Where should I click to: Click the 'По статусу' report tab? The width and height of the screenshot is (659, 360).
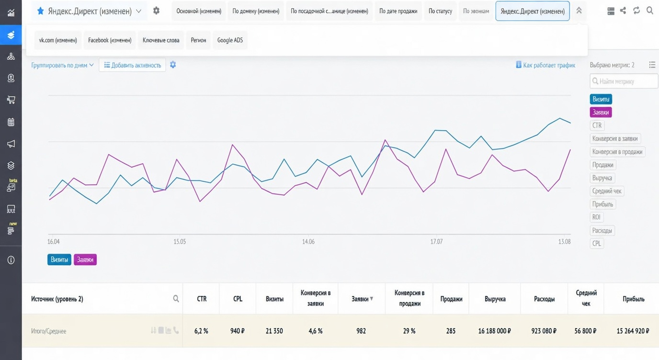pyautogui.click(x=440, y=11)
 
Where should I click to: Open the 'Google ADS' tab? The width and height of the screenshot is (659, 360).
pyautogui.click(x=230, y=40)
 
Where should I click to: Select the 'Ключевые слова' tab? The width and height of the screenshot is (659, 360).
pyautogui.click(x=161, y=40)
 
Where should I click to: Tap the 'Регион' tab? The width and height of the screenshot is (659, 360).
pyautogui.click(x=198, y=40)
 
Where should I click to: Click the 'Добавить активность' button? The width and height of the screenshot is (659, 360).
pyautogui.click(x=132, y=65)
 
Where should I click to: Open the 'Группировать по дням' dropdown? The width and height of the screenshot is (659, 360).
pyautogui.click(x=62, y=65)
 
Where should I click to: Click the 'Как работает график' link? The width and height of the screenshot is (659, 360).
pyautogui.click(x=545, y=65)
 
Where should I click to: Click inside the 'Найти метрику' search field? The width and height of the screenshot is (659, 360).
pyautogui.click(x=624, y=81)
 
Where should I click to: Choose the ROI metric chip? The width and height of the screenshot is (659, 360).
pyautogui.click(x=596, y=217)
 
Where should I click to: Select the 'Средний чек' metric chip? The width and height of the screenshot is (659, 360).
pyautogui.click(x=607, y=191)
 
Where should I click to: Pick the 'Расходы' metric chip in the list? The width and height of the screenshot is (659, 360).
pyautogui.click(x=602, y=230)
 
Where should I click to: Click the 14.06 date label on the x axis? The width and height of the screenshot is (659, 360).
pyautogui.click(x=308, y=241)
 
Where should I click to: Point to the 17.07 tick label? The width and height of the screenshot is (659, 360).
pyautogui.click(x=436, y=241)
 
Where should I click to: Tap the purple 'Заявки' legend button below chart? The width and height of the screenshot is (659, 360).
pyautogui.click(x=85, y=259)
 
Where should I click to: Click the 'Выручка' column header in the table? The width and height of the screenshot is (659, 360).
pyautogui.click(x=495, y=299)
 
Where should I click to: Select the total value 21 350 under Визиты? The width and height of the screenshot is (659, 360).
pyautogui.click(x=274, y=331)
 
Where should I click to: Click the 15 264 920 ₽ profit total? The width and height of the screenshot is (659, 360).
pyautogui.click(x=633, y=331)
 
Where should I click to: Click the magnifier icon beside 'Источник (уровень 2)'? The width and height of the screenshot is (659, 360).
pyautogui.click(x=176, y=299)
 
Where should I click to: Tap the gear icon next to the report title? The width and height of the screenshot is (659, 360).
pyautogui.click(x=156, y=11)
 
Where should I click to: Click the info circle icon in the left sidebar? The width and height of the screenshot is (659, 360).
pyautogui.click(x=11, y=260)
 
